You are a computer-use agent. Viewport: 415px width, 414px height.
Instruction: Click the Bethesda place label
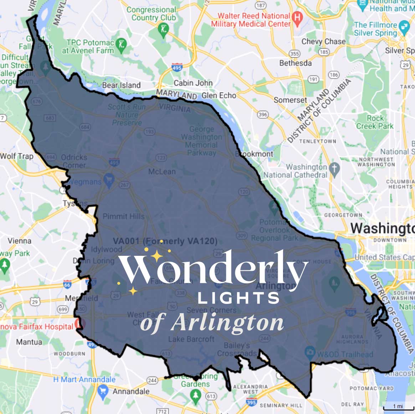295,63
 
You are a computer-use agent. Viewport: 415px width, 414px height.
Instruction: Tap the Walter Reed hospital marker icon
297,17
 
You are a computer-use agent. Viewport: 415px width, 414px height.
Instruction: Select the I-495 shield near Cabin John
177,67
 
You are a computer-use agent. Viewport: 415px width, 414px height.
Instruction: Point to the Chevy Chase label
323,41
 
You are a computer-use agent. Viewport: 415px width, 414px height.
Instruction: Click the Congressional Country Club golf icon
164,29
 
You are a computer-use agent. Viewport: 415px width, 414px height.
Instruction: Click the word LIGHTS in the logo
239,298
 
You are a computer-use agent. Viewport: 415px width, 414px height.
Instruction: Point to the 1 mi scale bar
398,407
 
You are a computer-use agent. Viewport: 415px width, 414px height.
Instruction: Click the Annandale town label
131,391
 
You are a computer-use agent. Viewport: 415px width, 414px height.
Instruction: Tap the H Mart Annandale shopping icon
103,390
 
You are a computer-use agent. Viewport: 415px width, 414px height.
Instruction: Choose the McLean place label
162,171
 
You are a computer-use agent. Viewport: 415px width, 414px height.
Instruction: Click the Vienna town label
19,241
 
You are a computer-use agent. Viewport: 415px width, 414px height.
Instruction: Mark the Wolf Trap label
16,156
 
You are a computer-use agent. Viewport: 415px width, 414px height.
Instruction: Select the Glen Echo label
219,95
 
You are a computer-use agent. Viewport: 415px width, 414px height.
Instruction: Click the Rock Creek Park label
375,122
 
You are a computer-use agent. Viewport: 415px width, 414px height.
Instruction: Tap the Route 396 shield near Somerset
263,114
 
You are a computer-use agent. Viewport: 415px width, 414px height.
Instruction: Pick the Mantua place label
29,342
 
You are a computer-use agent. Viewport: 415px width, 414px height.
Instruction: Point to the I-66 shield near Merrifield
67,284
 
